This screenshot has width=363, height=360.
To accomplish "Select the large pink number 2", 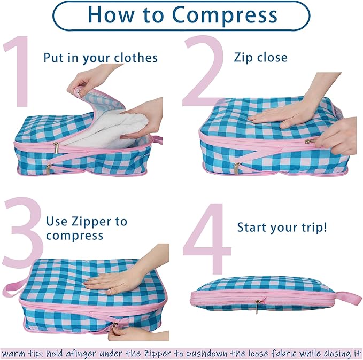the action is click(203, 71).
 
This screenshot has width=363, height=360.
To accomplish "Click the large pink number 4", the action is click(207, 238).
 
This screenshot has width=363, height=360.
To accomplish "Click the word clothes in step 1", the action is click(136, 58).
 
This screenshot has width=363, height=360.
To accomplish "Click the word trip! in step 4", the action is click(314, 228).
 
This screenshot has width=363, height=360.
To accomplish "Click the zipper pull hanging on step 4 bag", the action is click(257, 307).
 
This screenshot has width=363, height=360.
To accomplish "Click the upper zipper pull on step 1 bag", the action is click(56, 148).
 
